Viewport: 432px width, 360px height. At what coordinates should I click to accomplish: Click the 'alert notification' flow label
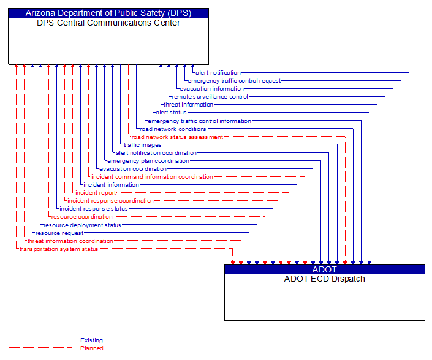click(218, 73)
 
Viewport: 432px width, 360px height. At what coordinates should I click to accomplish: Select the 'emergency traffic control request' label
click(234, 81)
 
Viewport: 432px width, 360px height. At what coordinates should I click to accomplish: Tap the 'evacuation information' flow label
click(211, 89)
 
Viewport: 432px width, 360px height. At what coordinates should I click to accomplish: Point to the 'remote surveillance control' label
click(210, 97)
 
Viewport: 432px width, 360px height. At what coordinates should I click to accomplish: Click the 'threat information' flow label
click(188, 105)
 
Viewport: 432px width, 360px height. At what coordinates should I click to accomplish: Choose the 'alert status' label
click(171, 113)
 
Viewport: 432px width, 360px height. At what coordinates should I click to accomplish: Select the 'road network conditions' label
click(173, 129)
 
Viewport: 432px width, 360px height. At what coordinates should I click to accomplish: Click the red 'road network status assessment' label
click(177, 137)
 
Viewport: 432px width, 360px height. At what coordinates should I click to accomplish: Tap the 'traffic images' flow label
click(142, 145)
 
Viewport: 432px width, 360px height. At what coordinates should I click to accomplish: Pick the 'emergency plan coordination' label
click(148, 161)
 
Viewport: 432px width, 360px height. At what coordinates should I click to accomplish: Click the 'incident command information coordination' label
click(152, 177)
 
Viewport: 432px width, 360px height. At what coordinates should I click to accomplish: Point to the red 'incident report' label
click(96, 193)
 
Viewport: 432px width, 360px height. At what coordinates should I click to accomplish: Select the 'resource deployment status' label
click(82, 225)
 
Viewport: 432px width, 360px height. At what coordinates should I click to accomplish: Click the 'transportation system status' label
click(58, 249)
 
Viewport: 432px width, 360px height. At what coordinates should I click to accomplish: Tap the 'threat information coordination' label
click(70, 241)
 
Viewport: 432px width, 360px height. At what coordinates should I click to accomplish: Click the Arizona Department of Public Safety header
click(108, 13)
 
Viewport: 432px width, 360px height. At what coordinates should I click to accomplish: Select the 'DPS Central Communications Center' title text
click(108, 23)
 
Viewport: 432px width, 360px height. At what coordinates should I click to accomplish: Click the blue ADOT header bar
click(324, 269)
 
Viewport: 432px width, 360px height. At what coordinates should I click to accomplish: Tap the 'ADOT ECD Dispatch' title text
click(324, 279)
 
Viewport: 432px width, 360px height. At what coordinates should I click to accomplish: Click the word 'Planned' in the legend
click(91, 348)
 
